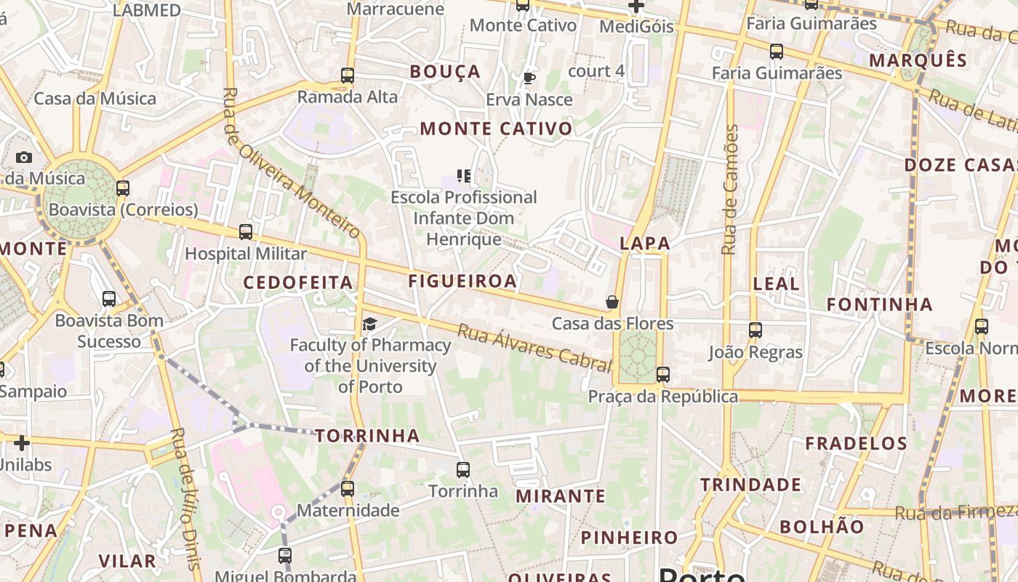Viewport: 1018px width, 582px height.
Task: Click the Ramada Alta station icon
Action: (x=348, y=75)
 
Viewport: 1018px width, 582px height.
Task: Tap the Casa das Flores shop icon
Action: (x=612, y=302)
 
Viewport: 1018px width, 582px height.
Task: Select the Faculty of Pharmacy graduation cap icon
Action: (x=370, y=324)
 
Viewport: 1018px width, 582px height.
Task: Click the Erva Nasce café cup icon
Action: (x=529, y=78)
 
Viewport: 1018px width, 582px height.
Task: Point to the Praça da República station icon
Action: (x=662, y=375)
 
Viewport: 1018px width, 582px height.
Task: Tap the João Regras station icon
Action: (x=756, y=330)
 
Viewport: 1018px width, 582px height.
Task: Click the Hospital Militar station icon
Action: (x=246, y=232)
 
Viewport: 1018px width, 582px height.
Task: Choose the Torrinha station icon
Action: (x=463, y=469)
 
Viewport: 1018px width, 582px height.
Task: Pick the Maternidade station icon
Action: (x=348, y=488)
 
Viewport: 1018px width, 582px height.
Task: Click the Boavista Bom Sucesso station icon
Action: (x=109, y=298)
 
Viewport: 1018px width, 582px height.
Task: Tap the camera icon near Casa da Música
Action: (x=24, y=157)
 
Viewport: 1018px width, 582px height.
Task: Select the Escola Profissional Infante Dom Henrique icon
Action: (x=463, y=175)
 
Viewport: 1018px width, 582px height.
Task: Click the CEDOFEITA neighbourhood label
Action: (x=297, y=282)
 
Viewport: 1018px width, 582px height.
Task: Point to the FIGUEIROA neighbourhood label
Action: (x=462, y=281)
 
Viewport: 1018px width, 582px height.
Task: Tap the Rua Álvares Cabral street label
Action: (x=534, y=348)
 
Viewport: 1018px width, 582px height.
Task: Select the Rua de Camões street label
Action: (x=730, y=189)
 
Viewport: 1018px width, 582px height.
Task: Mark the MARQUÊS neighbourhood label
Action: (x=918, y=60)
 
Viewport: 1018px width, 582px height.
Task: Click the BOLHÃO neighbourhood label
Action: (x=822, y=527)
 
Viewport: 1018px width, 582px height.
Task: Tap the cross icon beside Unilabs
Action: (x=22, y=442)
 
